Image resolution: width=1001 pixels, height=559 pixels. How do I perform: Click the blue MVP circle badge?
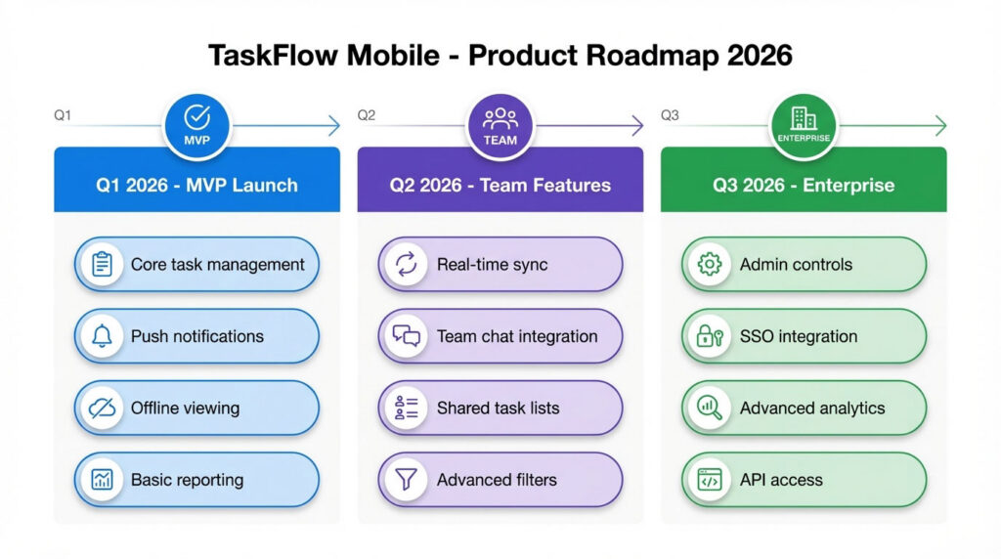click(196, 126)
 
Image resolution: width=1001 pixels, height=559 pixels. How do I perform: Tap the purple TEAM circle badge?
click(500, 126)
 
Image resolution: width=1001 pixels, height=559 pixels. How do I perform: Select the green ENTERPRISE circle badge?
click(804, 126)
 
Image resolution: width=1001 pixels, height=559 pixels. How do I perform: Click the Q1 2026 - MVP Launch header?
click(196, 185)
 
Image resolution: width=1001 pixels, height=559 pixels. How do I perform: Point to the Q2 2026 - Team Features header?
click(500, 185)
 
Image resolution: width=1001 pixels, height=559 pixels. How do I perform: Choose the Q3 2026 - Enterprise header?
click(804, 185)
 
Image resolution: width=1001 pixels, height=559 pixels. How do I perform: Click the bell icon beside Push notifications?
click(102, 336)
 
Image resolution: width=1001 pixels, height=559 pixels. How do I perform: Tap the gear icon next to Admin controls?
click(709, 264)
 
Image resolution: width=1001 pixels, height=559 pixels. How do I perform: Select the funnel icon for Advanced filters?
click(406, 480)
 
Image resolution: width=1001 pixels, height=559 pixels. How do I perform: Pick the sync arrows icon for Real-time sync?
click(406, 264)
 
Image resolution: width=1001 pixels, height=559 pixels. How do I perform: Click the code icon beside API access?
click(709, 480)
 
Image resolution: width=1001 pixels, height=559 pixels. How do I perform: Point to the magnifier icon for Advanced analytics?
click(709, 408)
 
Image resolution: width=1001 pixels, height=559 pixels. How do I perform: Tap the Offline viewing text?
click(185, 408)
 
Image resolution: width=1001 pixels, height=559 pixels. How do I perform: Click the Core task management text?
click(217, 264)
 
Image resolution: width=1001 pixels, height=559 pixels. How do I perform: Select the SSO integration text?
click(798, 336)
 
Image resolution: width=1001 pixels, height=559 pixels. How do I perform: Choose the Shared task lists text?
click(498, 408)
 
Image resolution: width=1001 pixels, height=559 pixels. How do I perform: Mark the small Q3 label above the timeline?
click(670, 115)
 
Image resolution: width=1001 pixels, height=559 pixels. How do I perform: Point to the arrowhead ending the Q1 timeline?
click(334, 126)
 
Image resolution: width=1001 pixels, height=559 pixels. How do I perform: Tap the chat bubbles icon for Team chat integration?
click(406, 336)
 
